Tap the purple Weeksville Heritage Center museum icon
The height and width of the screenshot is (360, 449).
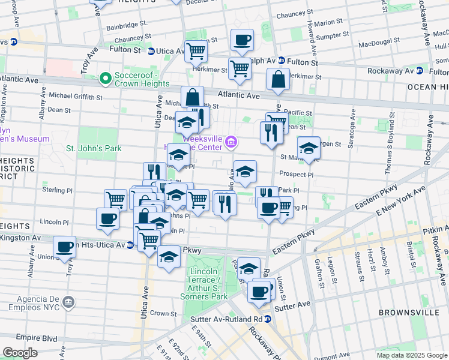click(x=232, y=143)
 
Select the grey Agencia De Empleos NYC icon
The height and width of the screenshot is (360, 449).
click(x=68, y=300)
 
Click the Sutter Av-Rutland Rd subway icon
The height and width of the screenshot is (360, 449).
click(x=268, y=319)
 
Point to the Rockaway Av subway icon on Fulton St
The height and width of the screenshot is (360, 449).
click(x=419, y=71)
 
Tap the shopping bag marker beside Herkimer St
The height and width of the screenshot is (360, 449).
click(x=279, y=80)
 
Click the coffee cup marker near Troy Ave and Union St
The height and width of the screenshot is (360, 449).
click(x=65, y=246)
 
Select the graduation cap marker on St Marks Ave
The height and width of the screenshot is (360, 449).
click(x=309, y=148)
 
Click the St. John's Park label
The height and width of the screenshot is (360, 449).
click(x=94, y=148)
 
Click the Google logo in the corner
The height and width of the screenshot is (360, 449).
click(x=20, y=353)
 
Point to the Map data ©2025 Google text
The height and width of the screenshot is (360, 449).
click(x=411, y=355)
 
